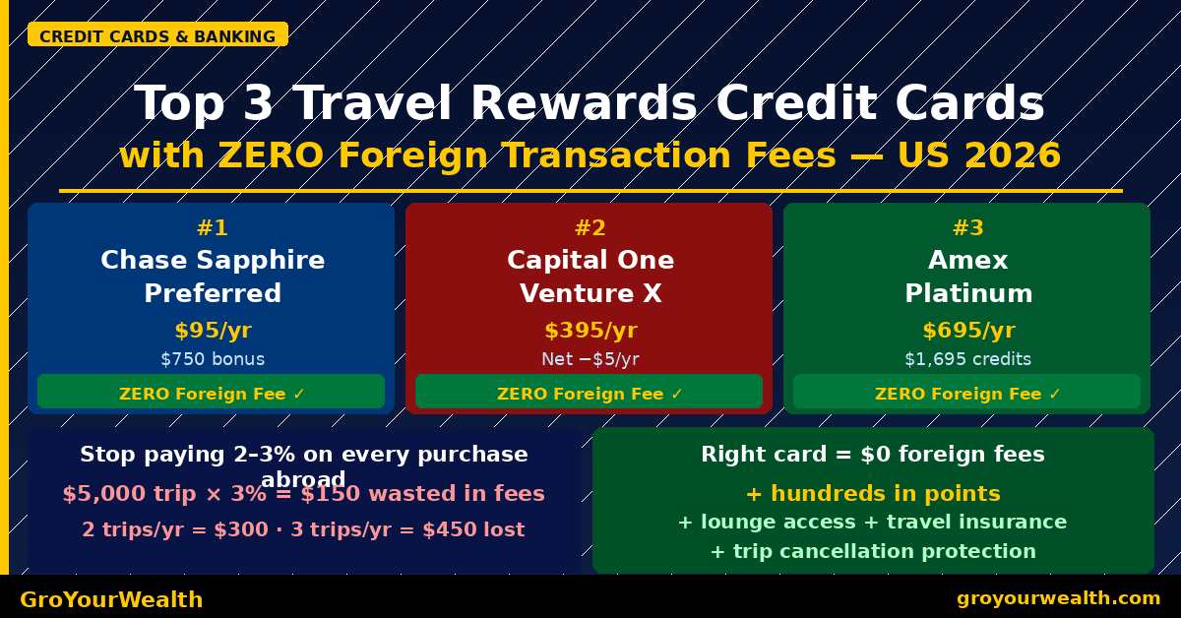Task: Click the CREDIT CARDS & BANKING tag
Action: pyautogui.click(x=157, y=36)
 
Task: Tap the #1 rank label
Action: pyautogui.click(x=212, y=228)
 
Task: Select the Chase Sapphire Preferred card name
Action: pyautogui.click(x=212, y=277)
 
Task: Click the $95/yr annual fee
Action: pyautogui.click(x=212, y=331)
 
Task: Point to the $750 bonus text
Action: pyautogui.click(x=212, y=359)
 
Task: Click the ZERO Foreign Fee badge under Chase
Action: pyautogui.click(x=212, y=393)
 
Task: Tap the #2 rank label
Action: pyautogui.click(x=590, y=228)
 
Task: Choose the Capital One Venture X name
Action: pyautogui.click(x=590, y=277)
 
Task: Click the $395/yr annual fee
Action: pyautogui.click(x=590, y=331)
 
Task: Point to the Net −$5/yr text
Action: pyautogui.click(x=590, y=359)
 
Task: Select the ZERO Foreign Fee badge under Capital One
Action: pyautogui.click(x=590, y=393)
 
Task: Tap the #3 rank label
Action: pyautogui.click(x=967, y=228)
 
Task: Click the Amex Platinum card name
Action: pyautogui.click(x=967, y=277)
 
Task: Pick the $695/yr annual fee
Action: pyautogui.click(x=967, y=331)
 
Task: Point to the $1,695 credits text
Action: pyautogui.click(x=967, y=359)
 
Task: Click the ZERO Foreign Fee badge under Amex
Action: pyautogui.click(x=967, y=393)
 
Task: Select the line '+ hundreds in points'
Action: pyautogui.click(x=872, y=493)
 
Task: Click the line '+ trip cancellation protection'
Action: pyautogui.click(x=872, y=551)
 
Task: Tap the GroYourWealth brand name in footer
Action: pyautogui.click(x=111, y=599)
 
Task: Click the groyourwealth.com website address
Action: pyautogui.click(x=1058, y=598)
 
